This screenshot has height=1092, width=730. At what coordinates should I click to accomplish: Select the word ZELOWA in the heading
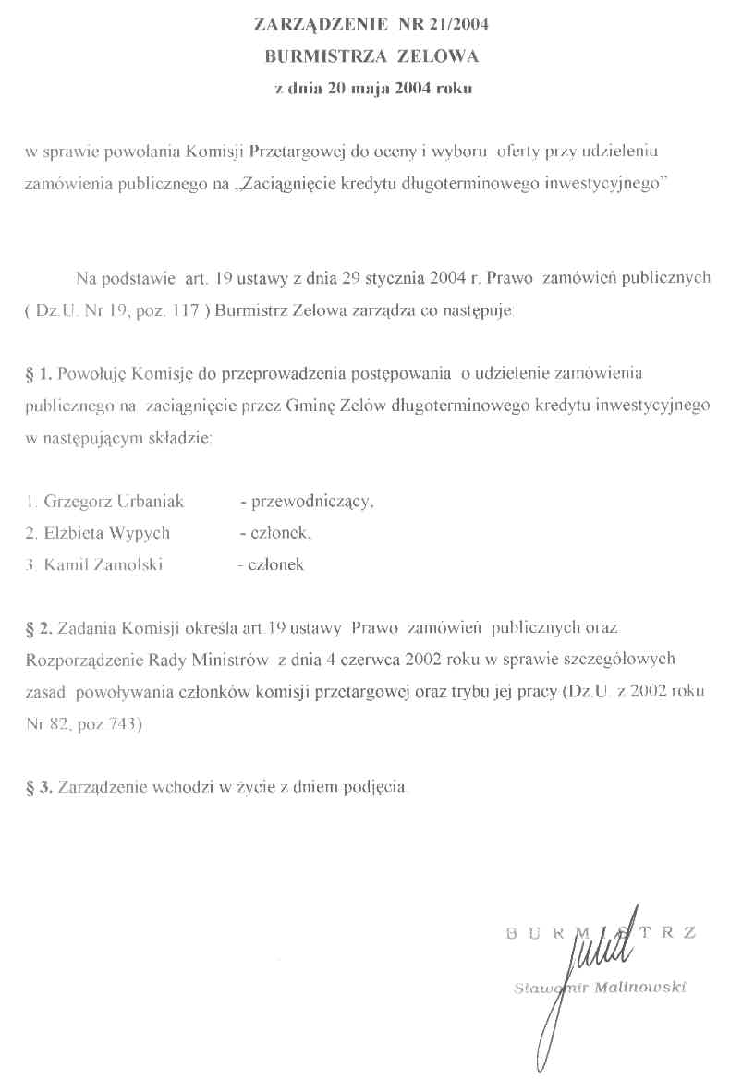tap(437, 56)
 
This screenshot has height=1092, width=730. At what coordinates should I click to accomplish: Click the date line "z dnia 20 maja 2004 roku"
tap(373, 89)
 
